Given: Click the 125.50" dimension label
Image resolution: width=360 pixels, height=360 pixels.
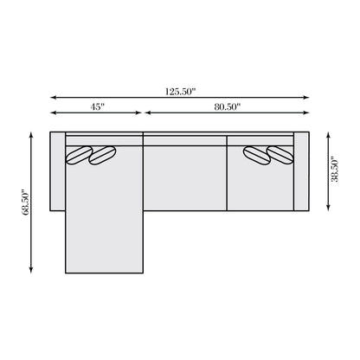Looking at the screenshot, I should pos(180,90).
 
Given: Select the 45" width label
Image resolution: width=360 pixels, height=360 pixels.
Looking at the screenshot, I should pos(96,106).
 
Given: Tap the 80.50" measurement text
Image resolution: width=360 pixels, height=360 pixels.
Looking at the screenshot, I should pos(227,106).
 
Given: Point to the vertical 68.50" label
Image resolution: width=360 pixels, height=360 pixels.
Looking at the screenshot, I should pos(27,202).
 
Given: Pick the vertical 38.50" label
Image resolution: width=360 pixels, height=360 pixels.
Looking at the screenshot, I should pos(334,170).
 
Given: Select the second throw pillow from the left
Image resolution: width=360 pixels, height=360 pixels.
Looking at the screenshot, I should pos(103,155).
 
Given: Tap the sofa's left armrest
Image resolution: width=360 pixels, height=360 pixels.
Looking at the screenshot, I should pos(57,171).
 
